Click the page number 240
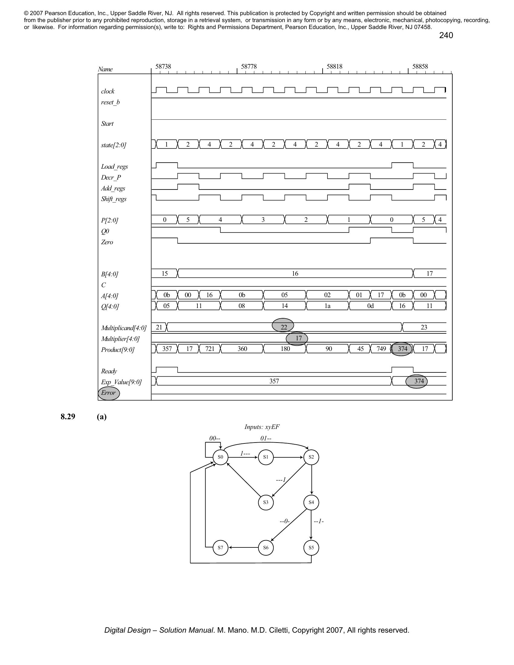[446, 35]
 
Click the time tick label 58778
[249, 66]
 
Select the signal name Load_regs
[115, 167]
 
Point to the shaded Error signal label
[109, 393]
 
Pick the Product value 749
[381, 349]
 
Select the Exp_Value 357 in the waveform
[274, 381]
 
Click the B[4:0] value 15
[164, 274]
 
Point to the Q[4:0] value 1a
[327, 306]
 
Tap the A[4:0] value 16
[209, 295]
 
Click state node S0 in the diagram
[220, 457]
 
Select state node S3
[265, 502]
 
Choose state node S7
[220, 547]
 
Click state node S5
[311, 547]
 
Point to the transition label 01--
[266, 439]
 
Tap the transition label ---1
[281, 480]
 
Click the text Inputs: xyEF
[262, 427]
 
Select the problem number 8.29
[68, 417]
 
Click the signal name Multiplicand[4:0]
[124, 328]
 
